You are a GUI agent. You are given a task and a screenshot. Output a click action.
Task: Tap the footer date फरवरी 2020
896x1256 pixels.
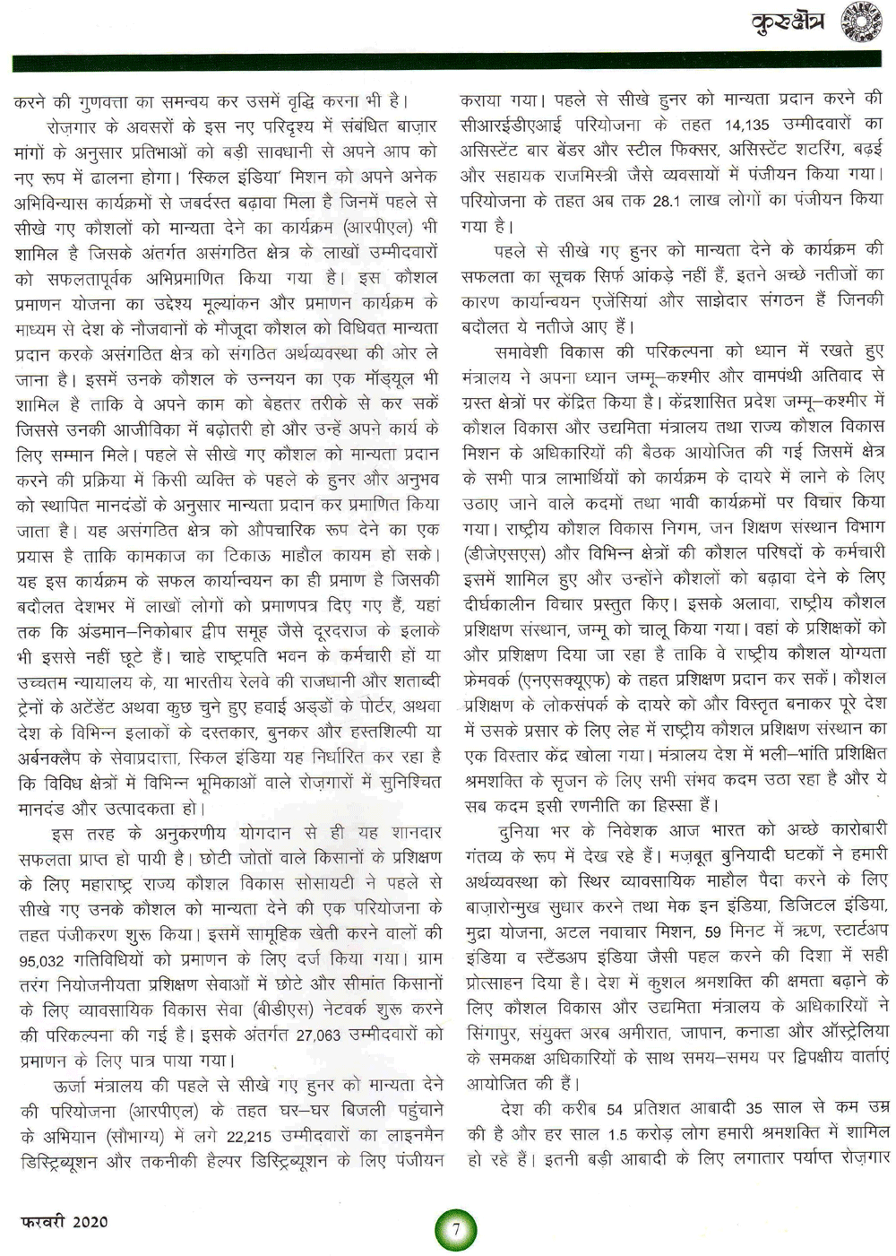pos(64,1220)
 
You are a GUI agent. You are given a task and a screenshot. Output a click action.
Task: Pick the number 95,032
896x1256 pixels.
pos(40,961)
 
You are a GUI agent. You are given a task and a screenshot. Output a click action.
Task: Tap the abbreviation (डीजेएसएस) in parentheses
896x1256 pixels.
pos(504,552)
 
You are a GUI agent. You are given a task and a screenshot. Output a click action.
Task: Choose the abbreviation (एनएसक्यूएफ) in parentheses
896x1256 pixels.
pos(566,677)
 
